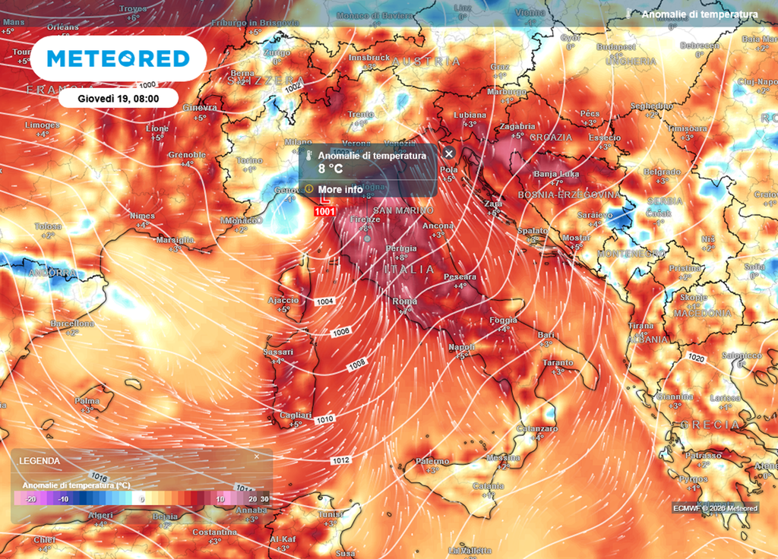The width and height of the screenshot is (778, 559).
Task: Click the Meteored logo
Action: (x=118, y=59)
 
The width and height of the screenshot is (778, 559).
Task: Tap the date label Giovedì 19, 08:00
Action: (x=119, y=98)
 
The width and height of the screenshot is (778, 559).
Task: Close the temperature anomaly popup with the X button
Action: (x=448, y=153)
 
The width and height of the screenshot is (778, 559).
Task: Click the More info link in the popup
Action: (x=340, y=189)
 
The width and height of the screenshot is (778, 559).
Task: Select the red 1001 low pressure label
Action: (x=324, y=211)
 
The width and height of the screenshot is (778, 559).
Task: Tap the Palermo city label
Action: (x=432, y=461)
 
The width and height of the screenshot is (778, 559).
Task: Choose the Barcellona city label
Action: (x=72, y=324)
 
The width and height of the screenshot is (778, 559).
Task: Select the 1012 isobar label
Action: (x=340, y=460)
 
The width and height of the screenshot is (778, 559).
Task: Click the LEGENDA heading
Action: (x=40, y=461)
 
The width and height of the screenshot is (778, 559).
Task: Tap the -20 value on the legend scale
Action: (x=30, y=499)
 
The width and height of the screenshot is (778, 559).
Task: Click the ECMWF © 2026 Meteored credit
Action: (x=714, y=508)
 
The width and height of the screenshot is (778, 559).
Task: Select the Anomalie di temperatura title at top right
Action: (x=699, y=14)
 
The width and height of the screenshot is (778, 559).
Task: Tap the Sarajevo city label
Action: (x=595, y=216)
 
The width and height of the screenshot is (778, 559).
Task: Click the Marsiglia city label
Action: (x=175, y=240)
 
